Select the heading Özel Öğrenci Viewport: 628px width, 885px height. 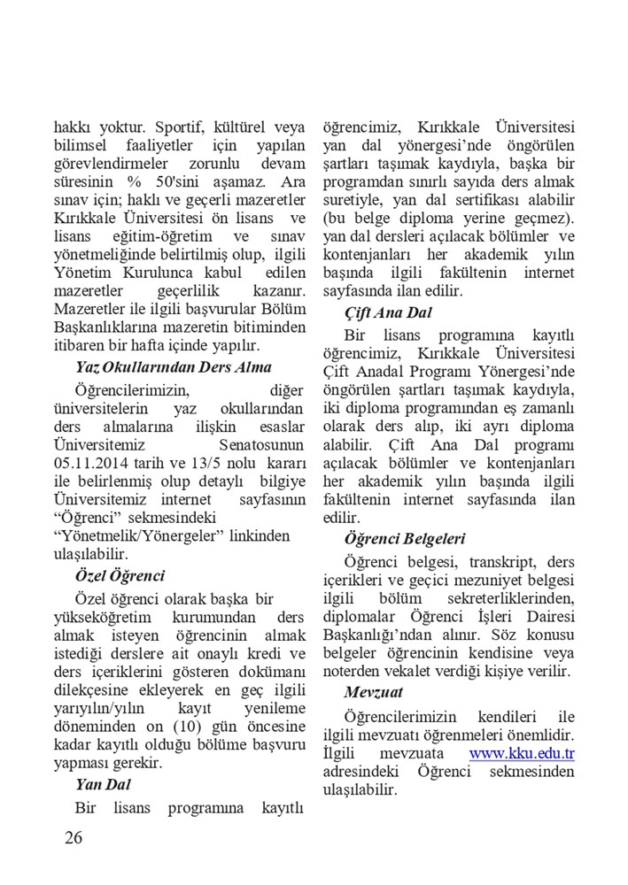(x=120, y=576)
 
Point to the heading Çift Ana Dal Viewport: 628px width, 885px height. (x=388, y=312)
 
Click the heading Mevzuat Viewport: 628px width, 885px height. (x=376, y=690)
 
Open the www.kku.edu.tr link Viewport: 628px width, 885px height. (x=522, y=754)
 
